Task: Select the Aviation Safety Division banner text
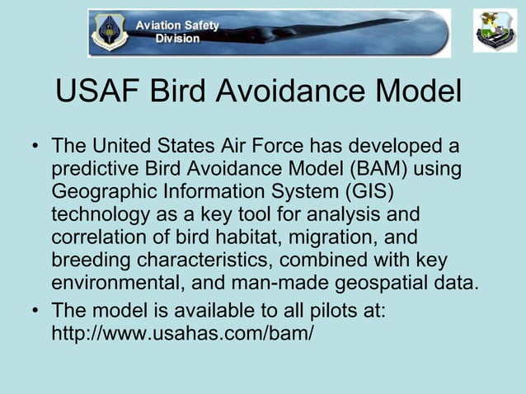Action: click(x=178, y=32)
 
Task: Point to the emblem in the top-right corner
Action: click(x=495, y=31)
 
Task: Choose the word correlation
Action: click(x=102, y=238)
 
